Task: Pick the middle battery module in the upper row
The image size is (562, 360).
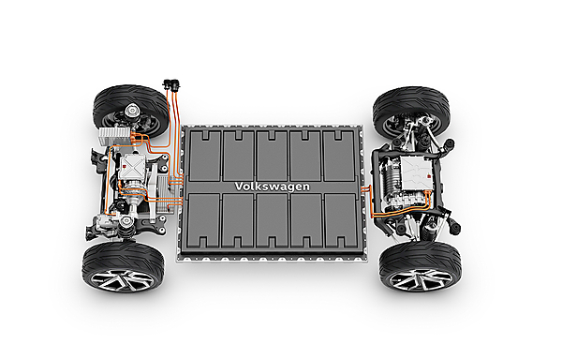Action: (x=272, y=152)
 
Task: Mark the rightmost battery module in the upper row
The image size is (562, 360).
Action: (x=339, y=152)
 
